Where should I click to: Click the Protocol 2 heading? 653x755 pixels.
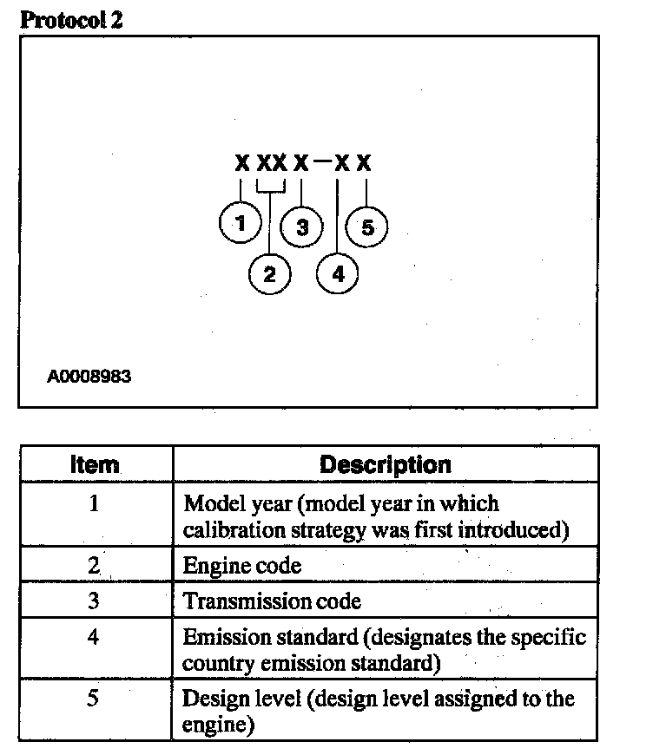71,19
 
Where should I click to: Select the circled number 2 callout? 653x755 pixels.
269,274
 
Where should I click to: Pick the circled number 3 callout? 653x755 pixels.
302,227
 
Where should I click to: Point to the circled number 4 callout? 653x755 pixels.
339,274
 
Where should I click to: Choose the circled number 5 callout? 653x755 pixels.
367,227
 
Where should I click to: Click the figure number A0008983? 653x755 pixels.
89,377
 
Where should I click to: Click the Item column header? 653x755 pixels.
95,464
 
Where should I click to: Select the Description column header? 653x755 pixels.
386,464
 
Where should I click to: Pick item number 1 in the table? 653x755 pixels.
95,503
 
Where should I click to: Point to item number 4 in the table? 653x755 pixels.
95,636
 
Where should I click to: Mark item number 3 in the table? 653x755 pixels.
95,601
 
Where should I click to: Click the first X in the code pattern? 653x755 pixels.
241,162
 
